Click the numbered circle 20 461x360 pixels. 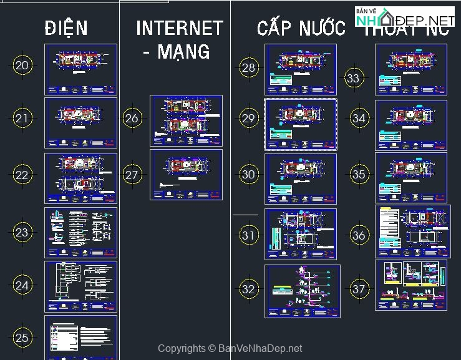[22, 65]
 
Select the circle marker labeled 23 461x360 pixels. [22, 233]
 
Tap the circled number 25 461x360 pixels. [22, 338]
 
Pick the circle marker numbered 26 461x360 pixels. [132, 119]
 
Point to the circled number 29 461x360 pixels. [248, 119]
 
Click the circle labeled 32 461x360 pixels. [248, 289]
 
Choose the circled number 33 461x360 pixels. [354, 78]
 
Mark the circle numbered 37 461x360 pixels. [358, 289]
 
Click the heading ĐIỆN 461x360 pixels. [66, 28]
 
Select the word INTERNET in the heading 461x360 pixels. [180, 28]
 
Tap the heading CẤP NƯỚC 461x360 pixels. [301, 28]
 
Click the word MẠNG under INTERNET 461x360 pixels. [176, 51]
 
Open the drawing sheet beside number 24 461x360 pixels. [80, 286]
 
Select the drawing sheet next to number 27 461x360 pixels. [186, 175]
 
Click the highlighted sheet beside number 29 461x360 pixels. [301, 124]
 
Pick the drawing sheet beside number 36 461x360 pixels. [412, 231]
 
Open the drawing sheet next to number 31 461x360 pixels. [301, 234]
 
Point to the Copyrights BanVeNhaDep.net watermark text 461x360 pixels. [230, 349]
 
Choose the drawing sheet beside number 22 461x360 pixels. [80, 178]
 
